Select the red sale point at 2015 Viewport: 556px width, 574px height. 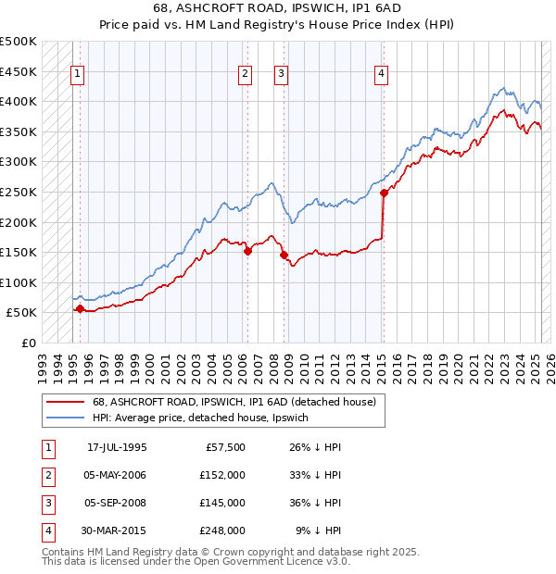click(384, 193)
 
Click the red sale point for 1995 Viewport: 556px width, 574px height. click(80, 308)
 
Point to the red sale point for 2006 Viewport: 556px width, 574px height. click(247, 251)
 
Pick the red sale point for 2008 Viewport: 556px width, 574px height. click(284, 256)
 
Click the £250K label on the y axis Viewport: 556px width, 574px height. click(19, 192)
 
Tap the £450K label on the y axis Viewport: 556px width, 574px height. click(19, 71)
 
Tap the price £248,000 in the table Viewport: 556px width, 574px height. click(222, 531)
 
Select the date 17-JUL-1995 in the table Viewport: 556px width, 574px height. click(117, 448)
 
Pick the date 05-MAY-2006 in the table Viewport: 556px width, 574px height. click(116, 476)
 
